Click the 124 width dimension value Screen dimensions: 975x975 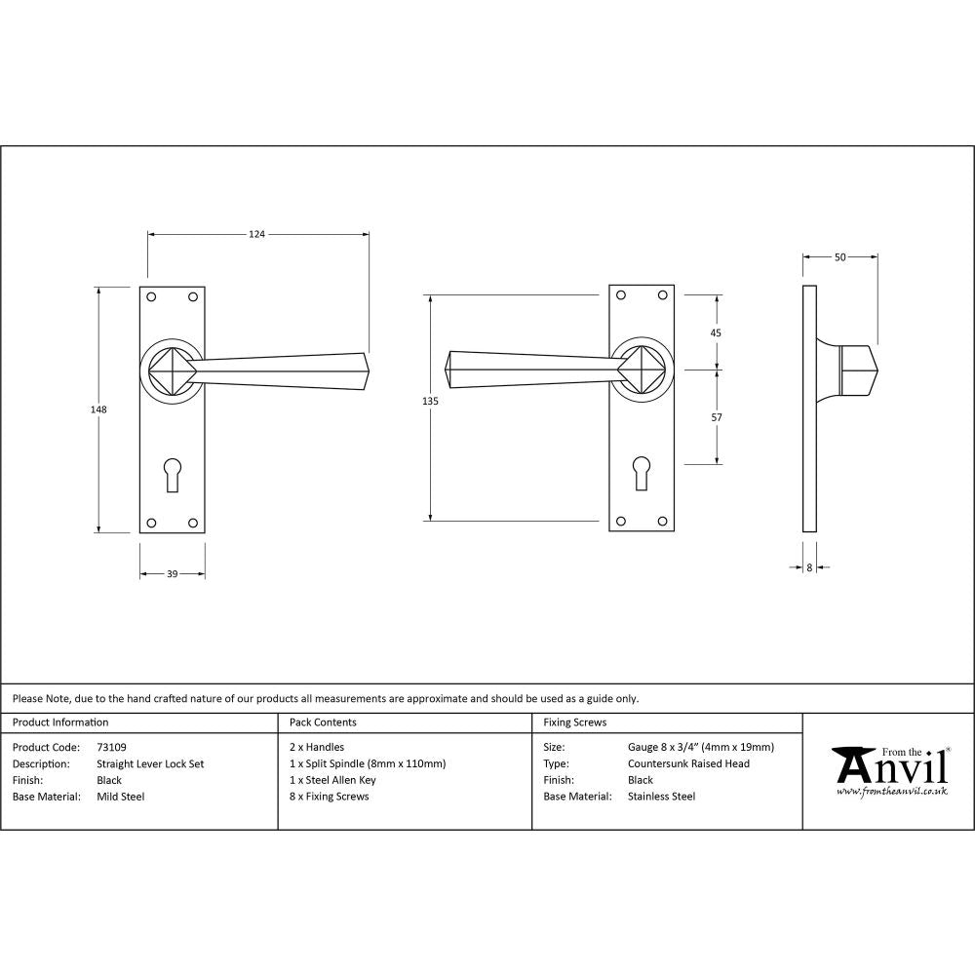[x=257, y=234]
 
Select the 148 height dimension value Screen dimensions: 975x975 [x=97, y=409]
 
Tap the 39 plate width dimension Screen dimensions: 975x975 [x=172, y=574]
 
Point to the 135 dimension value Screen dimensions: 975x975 [x=431, y=402]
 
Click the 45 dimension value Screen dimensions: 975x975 [x=717, y=332]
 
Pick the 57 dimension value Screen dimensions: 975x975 [x=717, y=417]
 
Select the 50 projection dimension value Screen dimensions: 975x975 [x=839, y=257]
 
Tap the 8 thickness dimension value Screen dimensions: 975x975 [x=809, y=566]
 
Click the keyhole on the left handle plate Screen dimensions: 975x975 [x=173, y=473]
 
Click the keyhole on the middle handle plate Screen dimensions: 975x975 [x=641, y=473]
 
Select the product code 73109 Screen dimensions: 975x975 [x=112, y=748]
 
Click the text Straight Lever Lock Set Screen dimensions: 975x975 [x=150, y=764]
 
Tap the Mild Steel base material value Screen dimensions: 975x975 [x=121, y=797]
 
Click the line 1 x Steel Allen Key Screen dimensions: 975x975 [x=332, y=780]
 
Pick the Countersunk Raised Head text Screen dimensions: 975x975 [x=689, y=764]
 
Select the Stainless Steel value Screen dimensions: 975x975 [x=662, y=797]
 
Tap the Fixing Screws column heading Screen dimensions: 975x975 [x=575, y=722]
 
